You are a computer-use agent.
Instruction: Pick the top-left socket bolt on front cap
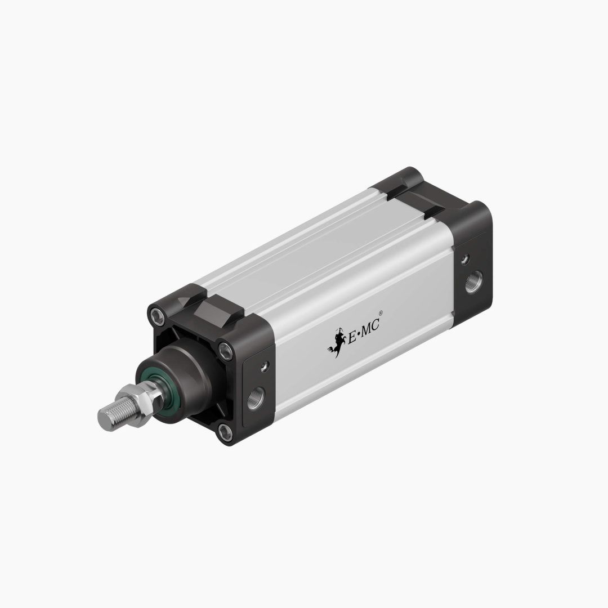(x=155, y=314)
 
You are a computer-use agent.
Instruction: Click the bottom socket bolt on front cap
(x=226, y=432)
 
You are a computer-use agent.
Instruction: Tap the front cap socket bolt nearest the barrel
(x=225, y=350)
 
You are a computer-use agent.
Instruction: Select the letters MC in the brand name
(x=370, y=327)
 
